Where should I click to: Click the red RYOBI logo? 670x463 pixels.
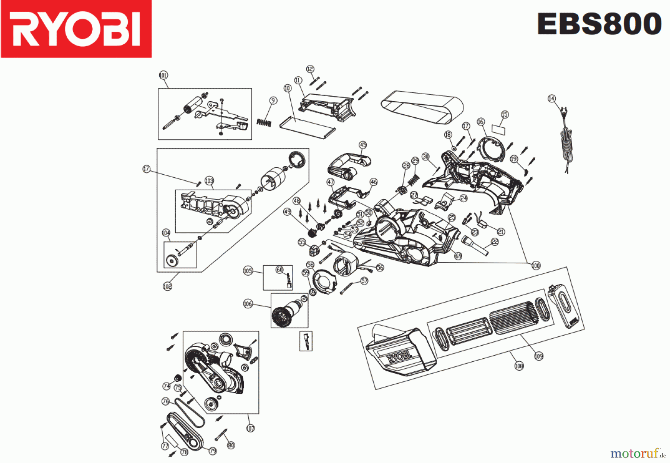76,29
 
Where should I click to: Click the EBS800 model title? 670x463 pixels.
599,24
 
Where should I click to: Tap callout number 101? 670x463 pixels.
163,75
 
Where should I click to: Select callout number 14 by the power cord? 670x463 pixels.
552,98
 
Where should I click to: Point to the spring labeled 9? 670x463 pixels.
264,122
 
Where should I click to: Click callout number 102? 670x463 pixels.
167,286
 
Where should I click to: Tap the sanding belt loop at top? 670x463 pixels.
422,105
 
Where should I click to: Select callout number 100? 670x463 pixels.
536,266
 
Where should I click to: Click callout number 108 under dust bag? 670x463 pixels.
519,366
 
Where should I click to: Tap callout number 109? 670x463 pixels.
539,356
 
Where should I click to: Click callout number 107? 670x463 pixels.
251,428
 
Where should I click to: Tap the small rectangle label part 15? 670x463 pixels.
499,129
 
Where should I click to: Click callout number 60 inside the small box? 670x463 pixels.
280,269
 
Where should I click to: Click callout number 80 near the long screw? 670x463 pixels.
231,445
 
